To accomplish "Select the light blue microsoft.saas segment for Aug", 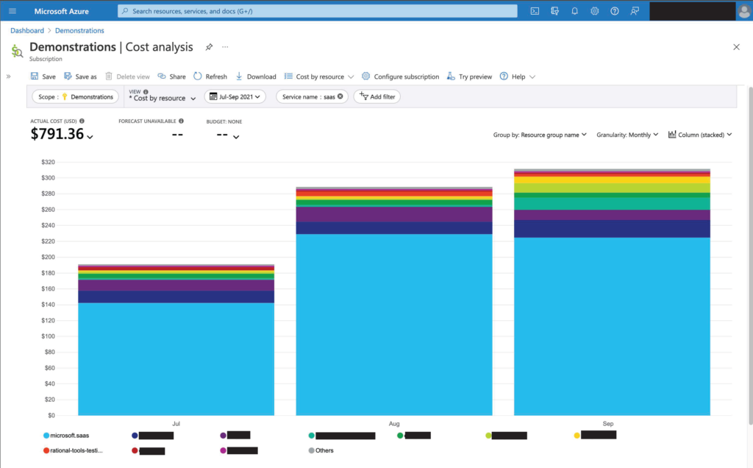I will [394, 325].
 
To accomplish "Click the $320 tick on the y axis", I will [48, 162].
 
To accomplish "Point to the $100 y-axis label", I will [48, 336].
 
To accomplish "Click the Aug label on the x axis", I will [394, 425].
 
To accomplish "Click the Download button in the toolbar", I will [256, 77].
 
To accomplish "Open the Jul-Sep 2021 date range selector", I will [235, 96].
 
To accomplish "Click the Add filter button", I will [377, 96].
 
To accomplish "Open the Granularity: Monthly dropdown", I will [627, 135].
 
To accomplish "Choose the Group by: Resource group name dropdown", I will [540, 135].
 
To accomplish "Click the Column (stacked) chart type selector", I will [701, 135].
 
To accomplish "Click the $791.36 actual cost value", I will [57, 134].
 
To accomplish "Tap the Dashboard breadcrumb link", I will [27, 31].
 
